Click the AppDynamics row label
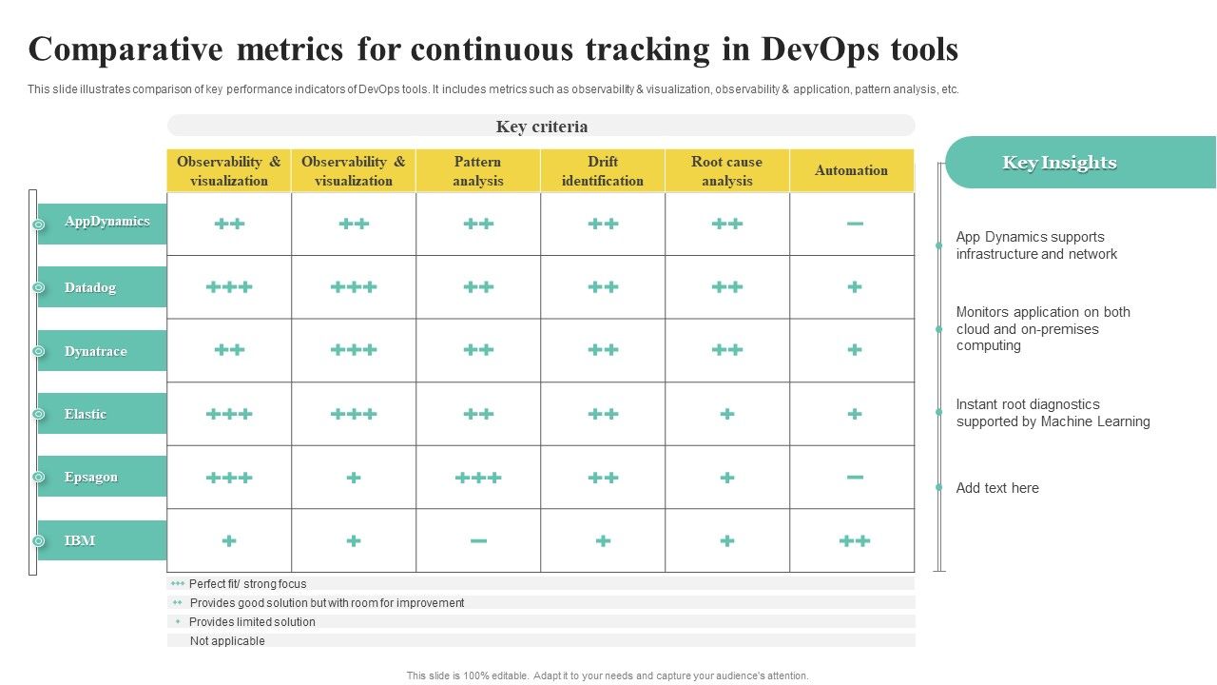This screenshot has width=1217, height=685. pyautogui.click(x=107, y=222)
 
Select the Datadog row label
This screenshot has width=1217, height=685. pyautogui.click(x=90, y=287)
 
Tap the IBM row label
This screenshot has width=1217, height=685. pyautogui.click(x=80, y=540)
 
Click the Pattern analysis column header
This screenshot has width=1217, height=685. pyautogui.click(x=478, y=170)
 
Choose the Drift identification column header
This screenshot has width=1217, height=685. pyautogui.click(x=603, y=170)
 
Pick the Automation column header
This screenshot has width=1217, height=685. pyautogui.click(x=851, y=170)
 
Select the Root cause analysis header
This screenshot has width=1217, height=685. pyautogui.click(x=727, y=170)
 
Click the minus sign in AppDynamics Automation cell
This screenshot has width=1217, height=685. pyautogui.click(x=855, y=224)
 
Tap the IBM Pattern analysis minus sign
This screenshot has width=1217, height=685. pyautogui.click(x=478, y=541)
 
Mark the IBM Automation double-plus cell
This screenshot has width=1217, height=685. pyautogui.click(x=855, y=540)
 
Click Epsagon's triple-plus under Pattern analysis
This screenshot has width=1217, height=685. pyautogui.click(x=478, y=478)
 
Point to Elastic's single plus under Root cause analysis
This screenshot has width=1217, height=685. pyautogui.click(x=727, y=414)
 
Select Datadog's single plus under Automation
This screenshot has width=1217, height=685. pyautogui.click(x=855, y=286)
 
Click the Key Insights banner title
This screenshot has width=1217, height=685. pyautogui.click(x=1059, y=163)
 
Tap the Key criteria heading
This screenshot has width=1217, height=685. pyautogui.click(x=542, y=127)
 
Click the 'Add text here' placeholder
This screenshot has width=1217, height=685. pyautogui.click(x=997, y=488)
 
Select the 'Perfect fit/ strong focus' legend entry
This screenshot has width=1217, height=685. pyautogui.click(x=248, y=584)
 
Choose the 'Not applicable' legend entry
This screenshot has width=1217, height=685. pyautogui.click(x=227, y=641)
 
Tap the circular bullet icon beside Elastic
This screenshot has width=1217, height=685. pyautogui.click(x=39, y=414)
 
